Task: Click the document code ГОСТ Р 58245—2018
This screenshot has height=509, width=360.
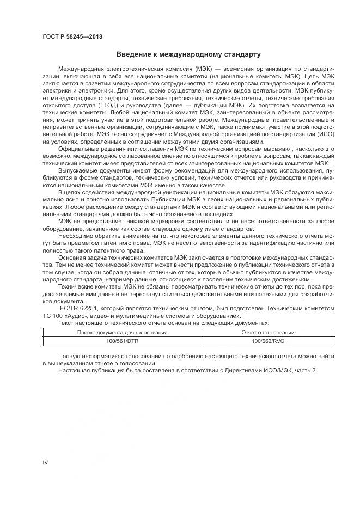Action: pyautogui.click(x=72, y=37)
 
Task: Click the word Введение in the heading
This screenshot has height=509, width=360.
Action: pyautogui.click(x=132, y=54)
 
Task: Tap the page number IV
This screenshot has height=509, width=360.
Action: pyautogui.click(x=45, y=462)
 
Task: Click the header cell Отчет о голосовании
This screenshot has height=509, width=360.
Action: pyautogui.click(x=267, y=332)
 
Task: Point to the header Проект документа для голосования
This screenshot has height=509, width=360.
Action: pyautogui.click(x=121, y=332)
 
